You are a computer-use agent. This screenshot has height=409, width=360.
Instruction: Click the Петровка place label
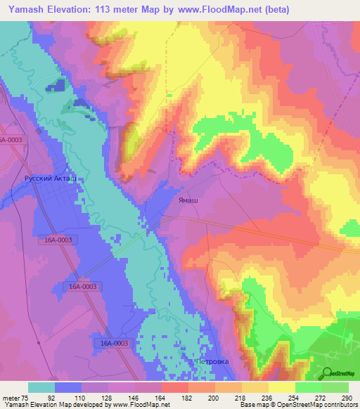212,362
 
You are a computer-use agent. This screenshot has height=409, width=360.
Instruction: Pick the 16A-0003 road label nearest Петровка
112,343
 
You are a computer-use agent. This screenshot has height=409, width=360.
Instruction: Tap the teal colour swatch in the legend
41,387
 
